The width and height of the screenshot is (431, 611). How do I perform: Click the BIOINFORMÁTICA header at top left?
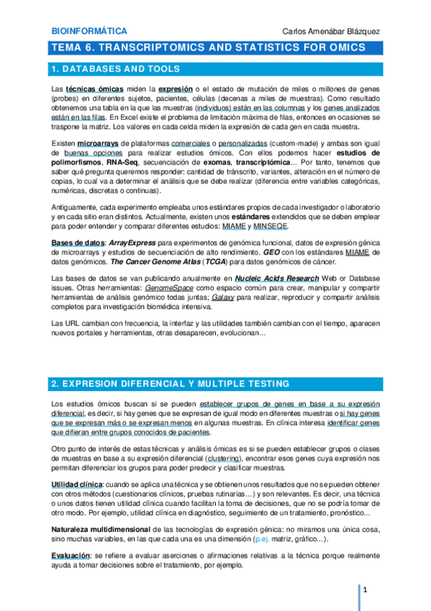[x=90, y=31]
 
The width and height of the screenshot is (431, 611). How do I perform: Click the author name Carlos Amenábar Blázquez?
[x=332, y=32]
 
